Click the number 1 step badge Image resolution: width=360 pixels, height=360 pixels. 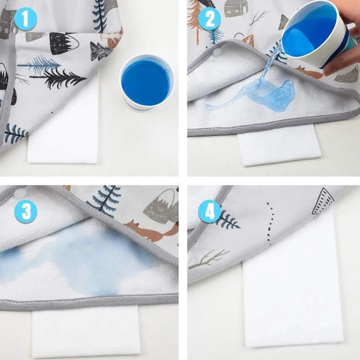pyautogui.click(x=25, y=19)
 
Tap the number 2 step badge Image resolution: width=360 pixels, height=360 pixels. pyautogui.click(x=210, y=19)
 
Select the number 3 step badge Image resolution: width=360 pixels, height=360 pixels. pyautogui.click(x=25, y=211)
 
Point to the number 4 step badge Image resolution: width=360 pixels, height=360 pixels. pyautogui.click(x=210, y=211)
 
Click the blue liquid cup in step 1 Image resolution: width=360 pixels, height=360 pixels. pyautogui.click(x=147, y=83)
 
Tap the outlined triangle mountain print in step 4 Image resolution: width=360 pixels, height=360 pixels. pyautogui.click(x=323, y=201)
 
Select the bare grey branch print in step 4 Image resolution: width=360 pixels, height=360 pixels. pyautogui.click(x=210, y=259)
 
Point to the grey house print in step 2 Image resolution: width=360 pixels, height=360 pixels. pyautogui.click(x=233, y=8)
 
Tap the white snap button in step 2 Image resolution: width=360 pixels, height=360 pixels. pyautogui.click(x=218, y=52)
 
